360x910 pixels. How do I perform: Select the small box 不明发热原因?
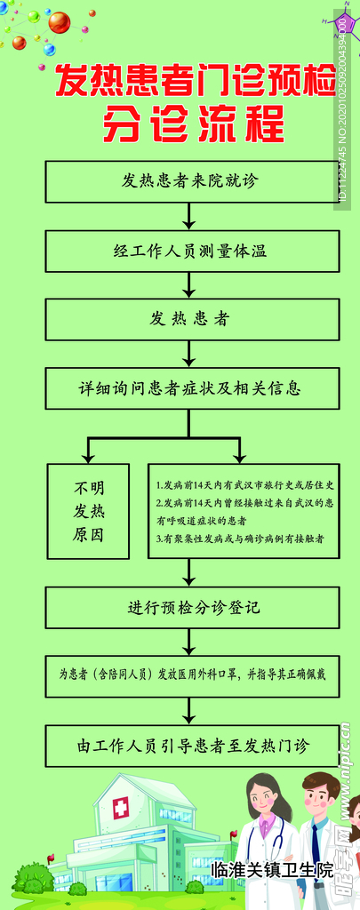(x=88, y=511)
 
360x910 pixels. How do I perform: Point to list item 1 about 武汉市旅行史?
(x=244, y=486)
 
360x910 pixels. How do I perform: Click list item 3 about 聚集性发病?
(x=240, y=538)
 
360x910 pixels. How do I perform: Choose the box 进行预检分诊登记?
(x=191, y=609)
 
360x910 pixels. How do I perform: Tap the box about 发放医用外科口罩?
(x=191, y=675)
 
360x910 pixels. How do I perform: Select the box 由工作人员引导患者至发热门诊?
(x=191, y=745)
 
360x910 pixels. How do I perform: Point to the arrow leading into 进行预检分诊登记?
(x=188, y=573)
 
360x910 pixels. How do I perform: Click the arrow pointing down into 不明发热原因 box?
(x=88, y=449)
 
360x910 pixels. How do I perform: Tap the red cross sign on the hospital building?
(x=119, y=807)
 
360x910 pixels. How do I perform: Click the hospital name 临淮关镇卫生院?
(x=272, y=869)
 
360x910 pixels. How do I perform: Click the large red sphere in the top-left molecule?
(x=59, y=22)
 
